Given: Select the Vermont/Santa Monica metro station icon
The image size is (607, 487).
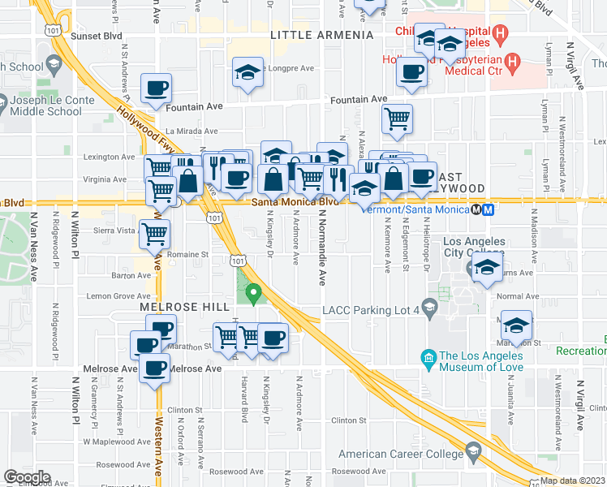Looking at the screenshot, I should coord(488,209).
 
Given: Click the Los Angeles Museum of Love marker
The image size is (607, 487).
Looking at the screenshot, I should coord(427,357).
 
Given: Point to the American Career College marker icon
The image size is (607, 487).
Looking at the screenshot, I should coord(472,452).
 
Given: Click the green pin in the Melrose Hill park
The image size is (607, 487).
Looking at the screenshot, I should coord(253,292).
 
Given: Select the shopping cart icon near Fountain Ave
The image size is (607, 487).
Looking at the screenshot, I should coord(397,119).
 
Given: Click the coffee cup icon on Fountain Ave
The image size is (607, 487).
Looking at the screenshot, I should coord(157,88).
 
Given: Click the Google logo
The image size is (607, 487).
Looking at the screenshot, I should coord(27,477).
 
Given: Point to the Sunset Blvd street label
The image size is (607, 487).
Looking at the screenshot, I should coord(97,37).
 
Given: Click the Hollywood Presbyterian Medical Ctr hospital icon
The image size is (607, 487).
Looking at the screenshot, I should coord(512,61).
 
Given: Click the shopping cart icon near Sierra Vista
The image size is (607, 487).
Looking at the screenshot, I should coord(154,235).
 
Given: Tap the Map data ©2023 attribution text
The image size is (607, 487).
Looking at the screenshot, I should coord(572,481).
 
